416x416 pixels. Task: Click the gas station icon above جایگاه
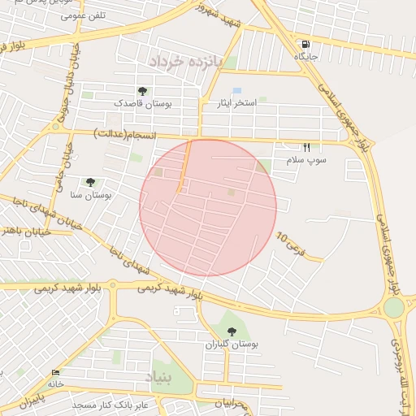coord(305,45)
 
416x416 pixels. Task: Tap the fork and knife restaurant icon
coord(306,148)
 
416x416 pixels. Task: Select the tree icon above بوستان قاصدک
coord(142,92)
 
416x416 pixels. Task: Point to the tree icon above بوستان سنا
coord(89,182)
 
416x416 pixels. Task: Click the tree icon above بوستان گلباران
coord(232,331)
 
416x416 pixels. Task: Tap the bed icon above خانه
coord(55,372)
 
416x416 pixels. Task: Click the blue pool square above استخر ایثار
coord(236,90)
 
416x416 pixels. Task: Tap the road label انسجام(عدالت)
coord(124,132)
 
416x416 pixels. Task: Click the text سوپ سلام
coord(305,161)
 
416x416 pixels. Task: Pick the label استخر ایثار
coord(235,103)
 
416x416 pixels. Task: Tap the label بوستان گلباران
coord(232,344)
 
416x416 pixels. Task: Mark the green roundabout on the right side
coord(394,307)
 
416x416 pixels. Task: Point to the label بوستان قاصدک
coord(141,104)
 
